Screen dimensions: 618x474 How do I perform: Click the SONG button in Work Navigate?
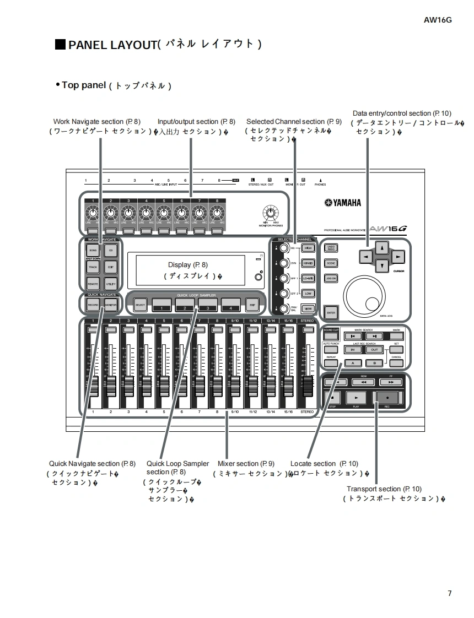tap(93, 251)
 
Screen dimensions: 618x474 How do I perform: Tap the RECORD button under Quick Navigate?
tap(93, 305)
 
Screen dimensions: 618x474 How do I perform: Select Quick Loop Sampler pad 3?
tap(208, 304)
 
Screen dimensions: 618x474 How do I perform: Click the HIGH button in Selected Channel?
tap(308, 248)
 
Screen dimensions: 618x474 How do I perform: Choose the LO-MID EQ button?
tap(308, 279)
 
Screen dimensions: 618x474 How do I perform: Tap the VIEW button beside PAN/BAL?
tap(308, 309)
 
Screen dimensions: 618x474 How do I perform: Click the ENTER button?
tap(331, 312)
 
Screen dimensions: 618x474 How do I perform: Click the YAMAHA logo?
tap(343, 203)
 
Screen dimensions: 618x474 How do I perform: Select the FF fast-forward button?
tap(391, 381)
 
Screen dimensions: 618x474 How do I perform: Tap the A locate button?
tap(353, 363)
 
